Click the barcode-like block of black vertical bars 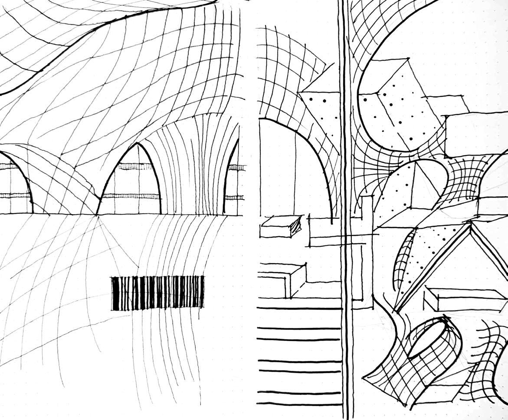click(x=157, y=293)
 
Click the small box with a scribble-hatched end click(x=281, y=226)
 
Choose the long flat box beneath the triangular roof click(x=464, y=299)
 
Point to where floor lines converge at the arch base click(x=96, y=215)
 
